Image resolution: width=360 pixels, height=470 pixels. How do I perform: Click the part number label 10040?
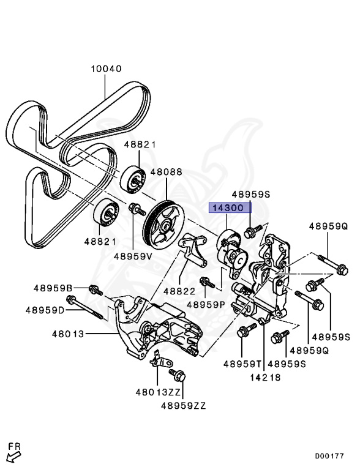coord(107,69)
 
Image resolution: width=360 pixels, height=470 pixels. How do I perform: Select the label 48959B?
coord(53,288)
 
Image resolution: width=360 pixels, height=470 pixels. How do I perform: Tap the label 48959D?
coord(45,310)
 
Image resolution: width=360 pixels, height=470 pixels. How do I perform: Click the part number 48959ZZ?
coord(184,405)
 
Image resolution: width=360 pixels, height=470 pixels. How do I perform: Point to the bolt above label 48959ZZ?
coord(178,375)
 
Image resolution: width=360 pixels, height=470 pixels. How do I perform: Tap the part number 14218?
coord(265,378)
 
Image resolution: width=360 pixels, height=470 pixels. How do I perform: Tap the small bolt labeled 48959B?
coord(94,289)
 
